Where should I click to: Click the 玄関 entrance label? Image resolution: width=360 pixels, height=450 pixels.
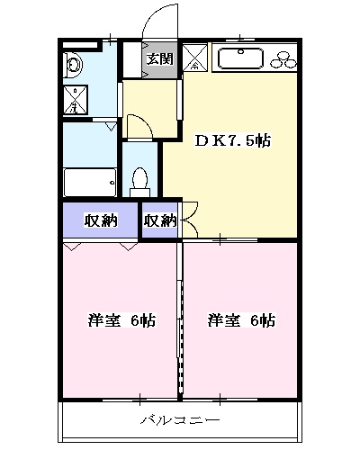click(x=160, y=60)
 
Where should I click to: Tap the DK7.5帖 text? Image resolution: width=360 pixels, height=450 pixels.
click(x=234, y=141)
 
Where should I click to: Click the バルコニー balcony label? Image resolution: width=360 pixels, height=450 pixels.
click(x=180, y=419)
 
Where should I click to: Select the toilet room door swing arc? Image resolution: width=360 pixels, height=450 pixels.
click(x=139, y=126)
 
